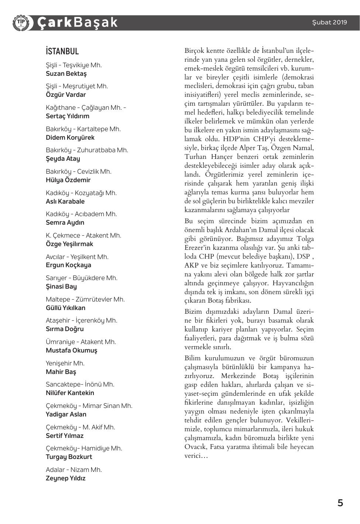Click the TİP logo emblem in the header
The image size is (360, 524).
pyautogui.click(x=21, y=23)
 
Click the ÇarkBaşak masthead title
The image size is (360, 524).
pyautogui.click(x=77, y=23)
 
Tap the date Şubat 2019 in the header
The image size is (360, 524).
pyautogui.click(x=329, y=22)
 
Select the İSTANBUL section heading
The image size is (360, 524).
pyautogui.click(x=62, y=51)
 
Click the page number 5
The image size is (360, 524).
pyautogui.click(x=340, y=503)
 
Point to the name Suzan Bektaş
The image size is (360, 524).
pyautogui.click(x=66, y=74)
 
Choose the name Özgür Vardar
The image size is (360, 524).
pyautogui.click(x=66, y=95)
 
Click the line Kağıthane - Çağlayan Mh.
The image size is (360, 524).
pyautogui.click(x=86, y=108)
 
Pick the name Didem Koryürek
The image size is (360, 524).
pyautogui.click(x=70, y=137)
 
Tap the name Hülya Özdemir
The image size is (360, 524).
pyautogui.click(x=68, y=180)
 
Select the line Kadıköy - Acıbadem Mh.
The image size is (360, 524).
pyautogui.click(x=81, y=214)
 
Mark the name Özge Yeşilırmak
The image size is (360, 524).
pyautogui.click(x=69, y=244)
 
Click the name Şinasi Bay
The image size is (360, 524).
pyautogui.click(x=61, y=286)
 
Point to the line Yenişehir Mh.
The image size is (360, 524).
pyautogui.click(x=65, y=363)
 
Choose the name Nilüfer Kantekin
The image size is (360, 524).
pyautogui.click(x=70, y=393)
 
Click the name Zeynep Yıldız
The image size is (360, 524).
pyautogui.click(x=65, y=478)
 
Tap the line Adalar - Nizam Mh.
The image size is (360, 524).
pyautogui.click(x=74, y=470)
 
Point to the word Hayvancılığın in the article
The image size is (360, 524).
pyautogui.click(x=293, y=283)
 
